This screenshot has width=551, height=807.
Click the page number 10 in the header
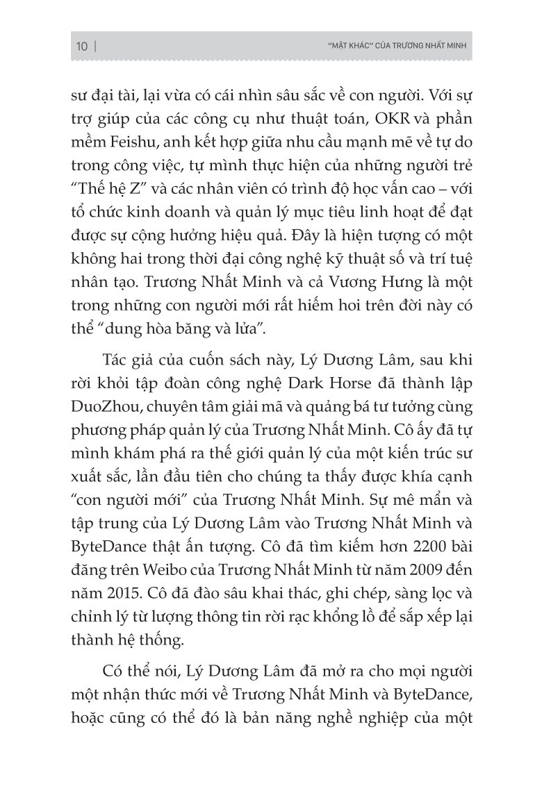point(81,47)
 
